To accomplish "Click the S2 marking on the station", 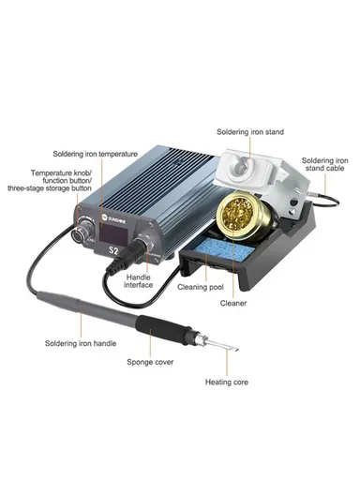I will click(x=114, y=251).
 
